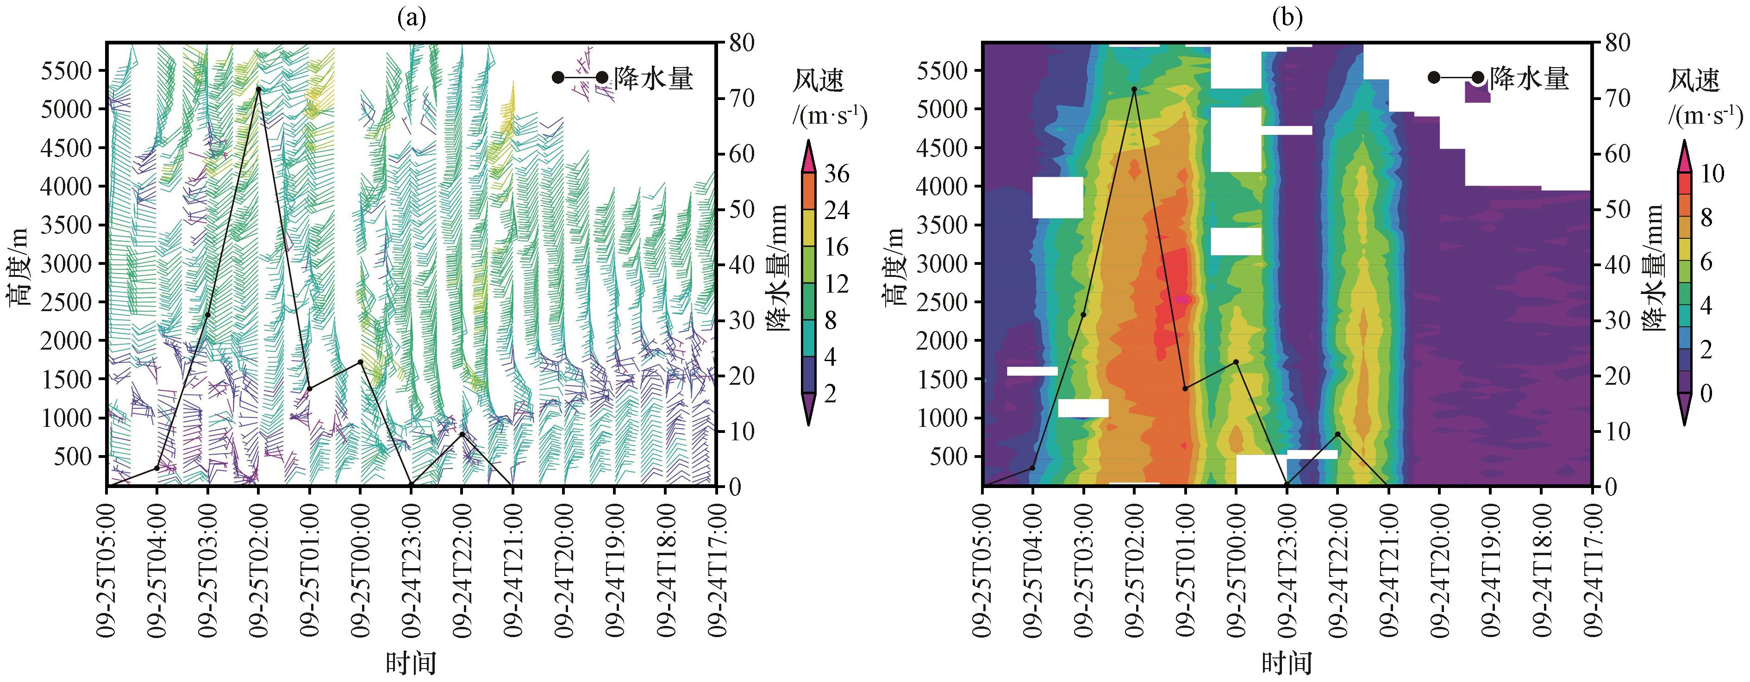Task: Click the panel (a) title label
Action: click(x=411, y=19)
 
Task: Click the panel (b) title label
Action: click(x=1287, y=19)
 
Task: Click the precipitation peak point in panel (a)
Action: click(x=258, y=89)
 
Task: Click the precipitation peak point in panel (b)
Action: click(x=1134, y=89)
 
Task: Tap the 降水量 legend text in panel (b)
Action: click(x=1529, y=79)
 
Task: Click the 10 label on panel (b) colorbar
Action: click(x=1712, y=174)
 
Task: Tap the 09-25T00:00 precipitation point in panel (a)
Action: click(x=361, y=362)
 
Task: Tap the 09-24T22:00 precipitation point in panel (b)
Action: click(x=1337, y=434)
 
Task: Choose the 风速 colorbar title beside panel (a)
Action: click(x=818, y=81)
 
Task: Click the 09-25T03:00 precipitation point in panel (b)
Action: click(x=1083, y=314)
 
